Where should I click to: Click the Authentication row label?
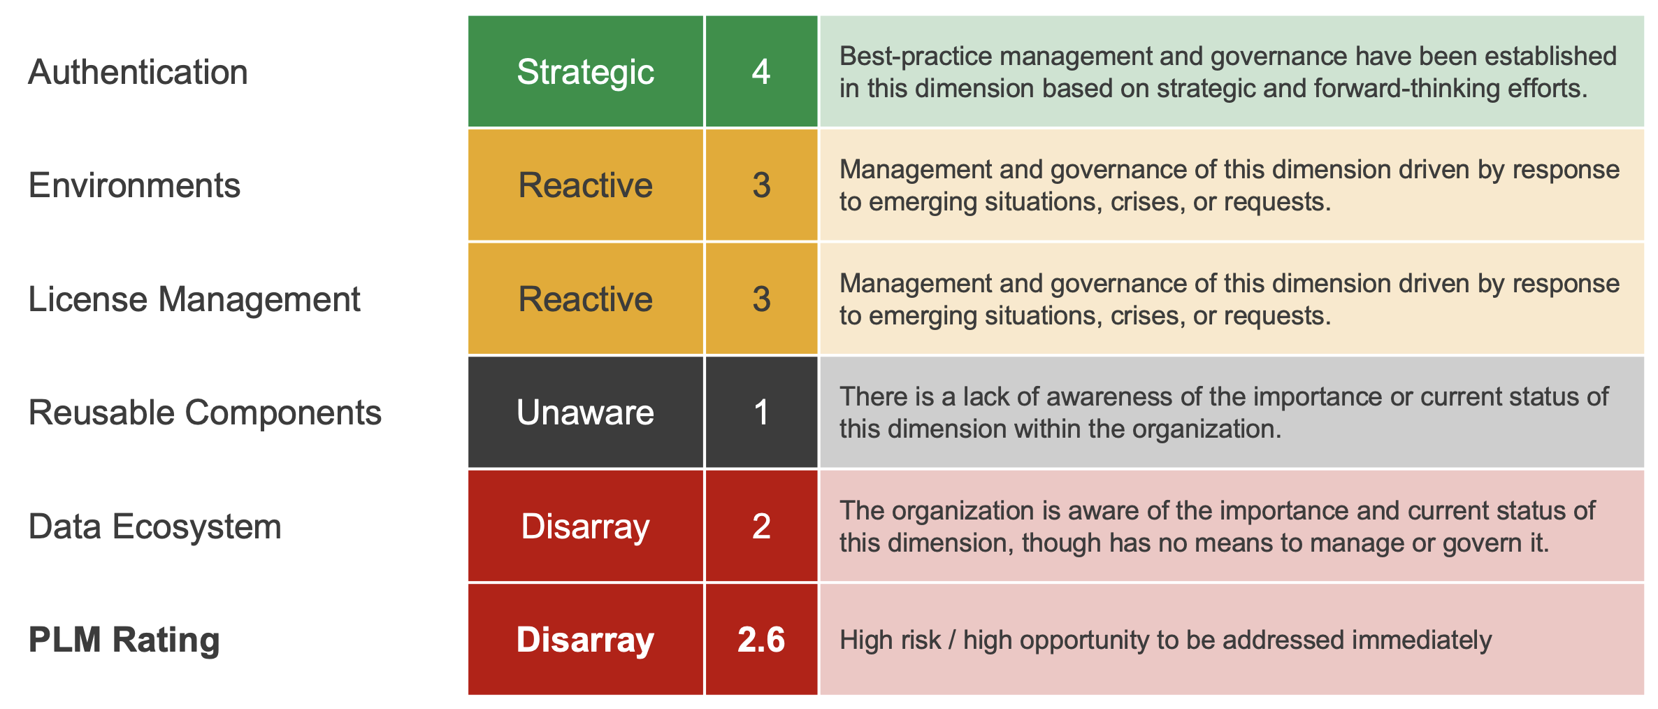[x=138, y=72]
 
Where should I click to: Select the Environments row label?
[x=134, y=185]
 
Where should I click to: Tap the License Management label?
[x=194, y=299]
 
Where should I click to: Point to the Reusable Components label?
[x=204, y=413]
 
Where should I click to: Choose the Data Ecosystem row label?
[x=154, y=527]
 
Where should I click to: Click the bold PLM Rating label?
[x=124, y=640]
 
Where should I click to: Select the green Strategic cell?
[x=585, y=72]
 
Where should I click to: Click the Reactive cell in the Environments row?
[x=585, y=185]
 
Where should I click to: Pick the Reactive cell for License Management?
[x=585, y=299]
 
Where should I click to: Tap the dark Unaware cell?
[x=585, y=413]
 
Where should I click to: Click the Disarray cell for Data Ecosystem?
[x=585, y=527]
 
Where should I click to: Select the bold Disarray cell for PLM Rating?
[x=585, y=640]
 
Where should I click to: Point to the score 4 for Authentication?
[x=761, y=72]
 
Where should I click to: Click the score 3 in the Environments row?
[x=761, y=185]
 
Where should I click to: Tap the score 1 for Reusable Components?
[x=761, y=413]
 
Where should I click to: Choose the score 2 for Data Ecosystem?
[x=761, y=527]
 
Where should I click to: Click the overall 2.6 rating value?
[x=761, y=640]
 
